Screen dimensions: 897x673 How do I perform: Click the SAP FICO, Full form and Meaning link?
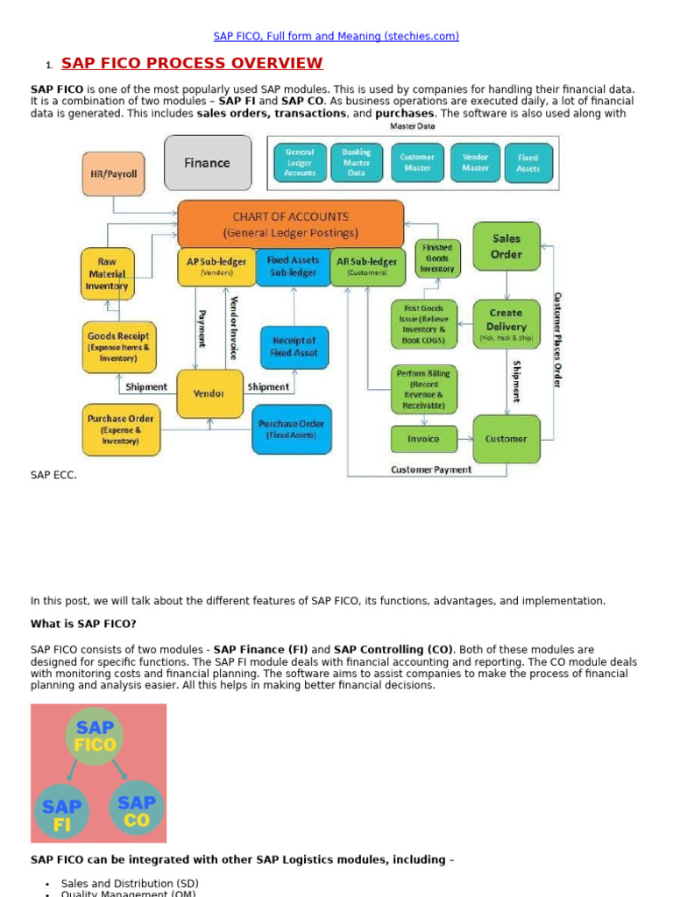336,36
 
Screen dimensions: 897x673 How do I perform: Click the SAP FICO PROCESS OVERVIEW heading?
192,63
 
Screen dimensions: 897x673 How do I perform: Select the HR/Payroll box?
114,173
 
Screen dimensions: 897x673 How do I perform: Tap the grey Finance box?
207,163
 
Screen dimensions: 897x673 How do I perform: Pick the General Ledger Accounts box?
300,163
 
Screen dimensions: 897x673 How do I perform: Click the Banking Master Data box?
356,163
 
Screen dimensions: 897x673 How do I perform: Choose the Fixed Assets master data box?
528,163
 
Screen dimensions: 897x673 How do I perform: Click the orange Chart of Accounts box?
290,224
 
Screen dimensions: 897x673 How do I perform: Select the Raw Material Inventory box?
107,273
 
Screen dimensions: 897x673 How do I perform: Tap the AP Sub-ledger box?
216,266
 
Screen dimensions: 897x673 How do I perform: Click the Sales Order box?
506,246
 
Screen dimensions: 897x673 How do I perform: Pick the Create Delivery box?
506,324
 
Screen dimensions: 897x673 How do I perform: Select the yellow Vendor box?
209,393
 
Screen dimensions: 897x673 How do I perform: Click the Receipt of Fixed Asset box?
294,347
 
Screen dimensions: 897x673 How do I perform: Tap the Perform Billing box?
423,390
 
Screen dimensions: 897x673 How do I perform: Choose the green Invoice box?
423,439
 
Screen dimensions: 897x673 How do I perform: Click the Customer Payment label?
430,470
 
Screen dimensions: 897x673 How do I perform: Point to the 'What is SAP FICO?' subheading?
83,624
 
